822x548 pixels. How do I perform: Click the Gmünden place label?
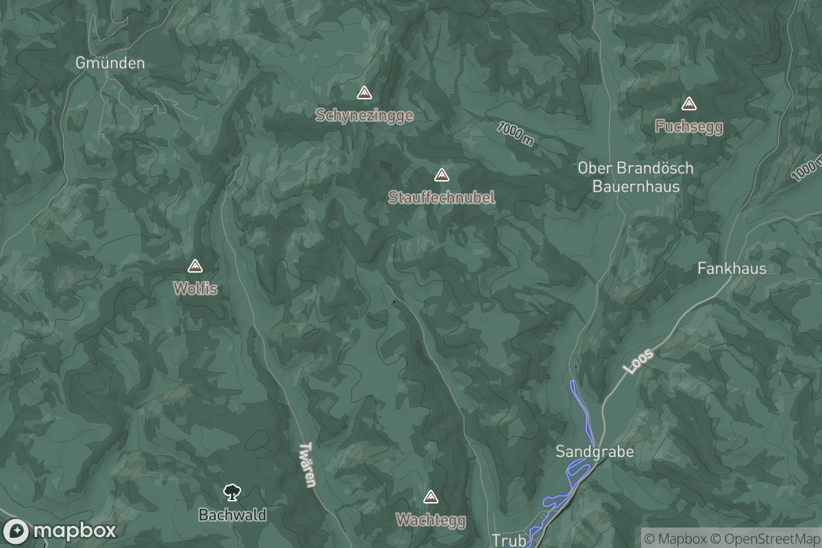point(110,63)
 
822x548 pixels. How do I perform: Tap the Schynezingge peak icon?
point(364,92)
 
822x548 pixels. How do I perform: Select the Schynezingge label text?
point(364,115)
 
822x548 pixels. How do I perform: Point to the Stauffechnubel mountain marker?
point(442,175)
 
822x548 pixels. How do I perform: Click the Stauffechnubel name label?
point(442,197)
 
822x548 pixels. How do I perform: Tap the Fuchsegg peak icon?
point(688,104)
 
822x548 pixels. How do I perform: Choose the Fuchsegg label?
point(688,127)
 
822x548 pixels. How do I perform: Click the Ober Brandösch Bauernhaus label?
point(636,177)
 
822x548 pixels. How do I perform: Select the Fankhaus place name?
point(732,269)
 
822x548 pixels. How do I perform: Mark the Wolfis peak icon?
point(195,266)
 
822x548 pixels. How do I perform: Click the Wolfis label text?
point(195,289)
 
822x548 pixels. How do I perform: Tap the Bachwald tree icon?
point(232,492)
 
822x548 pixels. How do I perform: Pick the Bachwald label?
point(232,514)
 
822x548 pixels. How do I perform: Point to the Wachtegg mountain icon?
point(431,497)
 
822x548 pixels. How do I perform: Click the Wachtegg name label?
point(431,520)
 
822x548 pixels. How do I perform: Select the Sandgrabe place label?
point(595,451)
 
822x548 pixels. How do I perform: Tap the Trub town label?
point(509,540)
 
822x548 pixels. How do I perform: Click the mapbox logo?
point(60,531)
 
